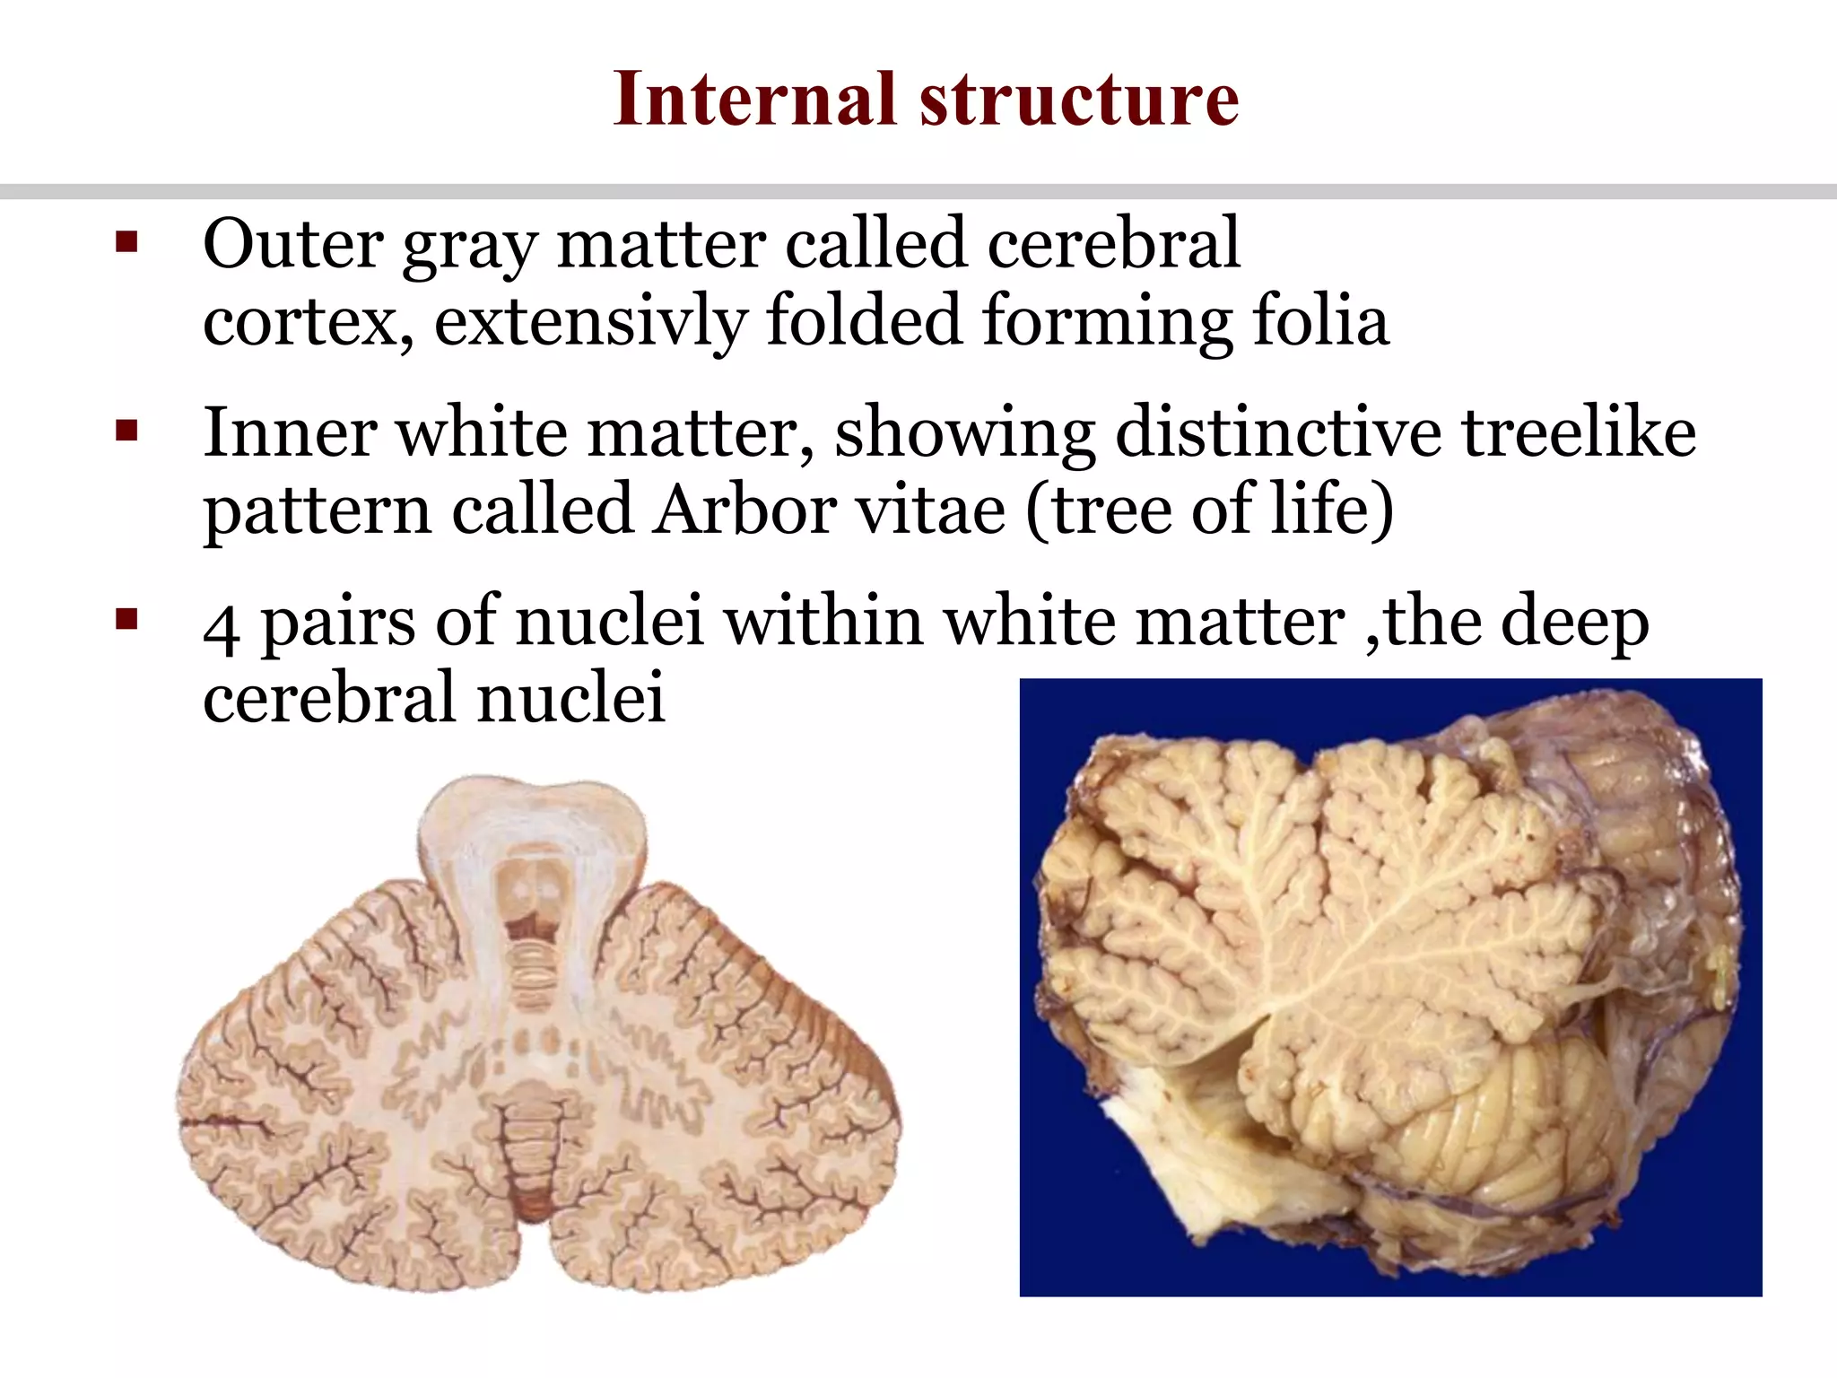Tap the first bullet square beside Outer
tap(126, 243)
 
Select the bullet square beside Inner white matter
tap(126, 432)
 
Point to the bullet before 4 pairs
tap(126, 620)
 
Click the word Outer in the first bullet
tap(293, 243)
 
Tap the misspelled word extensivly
tap(590, 320)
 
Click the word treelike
tap(1580, 432)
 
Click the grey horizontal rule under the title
tap(918, 192)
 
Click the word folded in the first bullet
tap(864, 320)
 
